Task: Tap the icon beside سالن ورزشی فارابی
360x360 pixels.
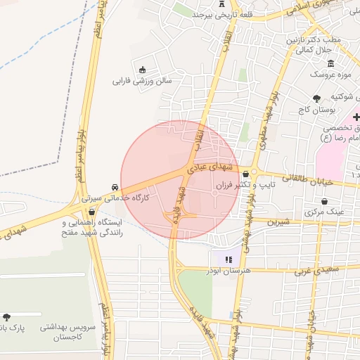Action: pyautogui.click(x=143, y=70)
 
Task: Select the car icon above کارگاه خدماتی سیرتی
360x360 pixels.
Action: pyautogui.click(x=114, y=187)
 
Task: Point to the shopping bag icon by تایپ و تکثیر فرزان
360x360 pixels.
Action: pyautogui.click(x=245, y=174)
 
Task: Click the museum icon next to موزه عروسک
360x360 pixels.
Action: pyautogui.click(x=330, y=64)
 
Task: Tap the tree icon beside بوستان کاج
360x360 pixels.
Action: pyautogui.click(x=316, y=98)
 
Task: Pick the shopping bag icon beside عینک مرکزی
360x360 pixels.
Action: pyautogui.click(x=308, y=210)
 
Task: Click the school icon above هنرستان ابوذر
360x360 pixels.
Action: pyautogui.click(x=227, y=259)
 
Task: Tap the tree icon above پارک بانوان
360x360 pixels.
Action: pyautogui.click(x=7, y=317)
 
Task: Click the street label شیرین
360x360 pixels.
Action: pyautogui.click(x=277, y=221)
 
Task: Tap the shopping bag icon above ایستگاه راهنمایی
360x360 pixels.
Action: pyautogui.click(x=91, y=212)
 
